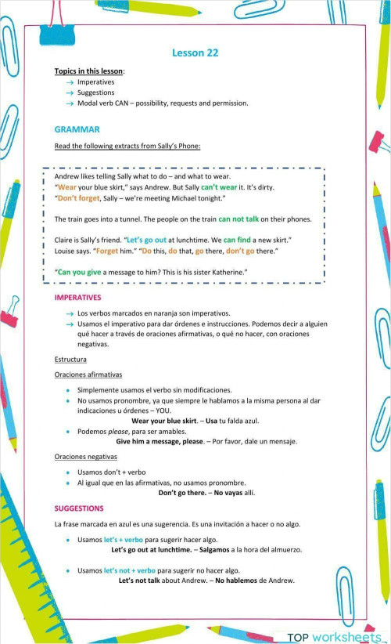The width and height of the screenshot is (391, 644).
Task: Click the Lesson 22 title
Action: click(195, 52)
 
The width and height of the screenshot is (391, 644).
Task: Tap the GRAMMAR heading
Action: click(77, 129)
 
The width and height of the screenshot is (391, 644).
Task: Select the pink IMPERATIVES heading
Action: click(77, 298)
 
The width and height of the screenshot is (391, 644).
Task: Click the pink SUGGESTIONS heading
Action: click(78, 508)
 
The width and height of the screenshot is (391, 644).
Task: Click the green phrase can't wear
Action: click(219, 188)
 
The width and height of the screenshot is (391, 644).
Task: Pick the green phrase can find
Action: click(239, 239)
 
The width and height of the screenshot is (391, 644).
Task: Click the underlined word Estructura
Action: click(70, 359)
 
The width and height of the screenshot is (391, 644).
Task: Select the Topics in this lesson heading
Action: click(89, 71)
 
